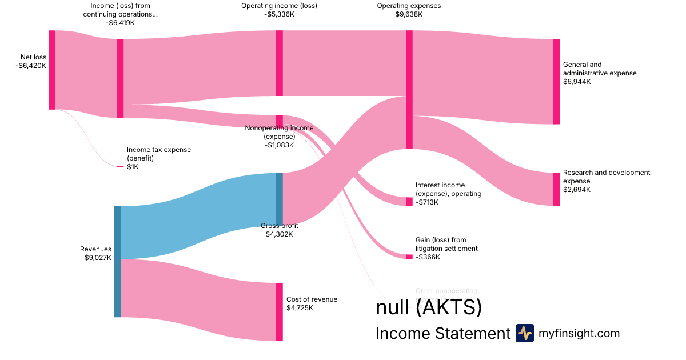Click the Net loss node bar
tap(52, 70)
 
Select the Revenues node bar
tap(118, 261)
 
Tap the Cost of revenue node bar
tap(280, 311)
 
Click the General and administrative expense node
tap(556, 81)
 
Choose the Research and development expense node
tap(556, 189)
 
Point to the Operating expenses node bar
tap(409, 90)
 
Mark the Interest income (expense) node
tap(409, 202)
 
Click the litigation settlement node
tap(409, 257)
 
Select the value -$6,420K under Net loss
tap(31, 66)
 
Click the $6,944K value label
tap(577, 82)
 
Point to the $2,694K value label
tap(577, 190)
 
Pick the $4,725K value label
tap(300, 308)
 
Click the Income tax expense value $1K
tap(133, 167)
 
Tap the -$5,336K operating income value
tap(280, 14)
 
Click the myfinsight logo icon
tap(524, 333)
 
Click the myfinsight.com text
tap(579, 333)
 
